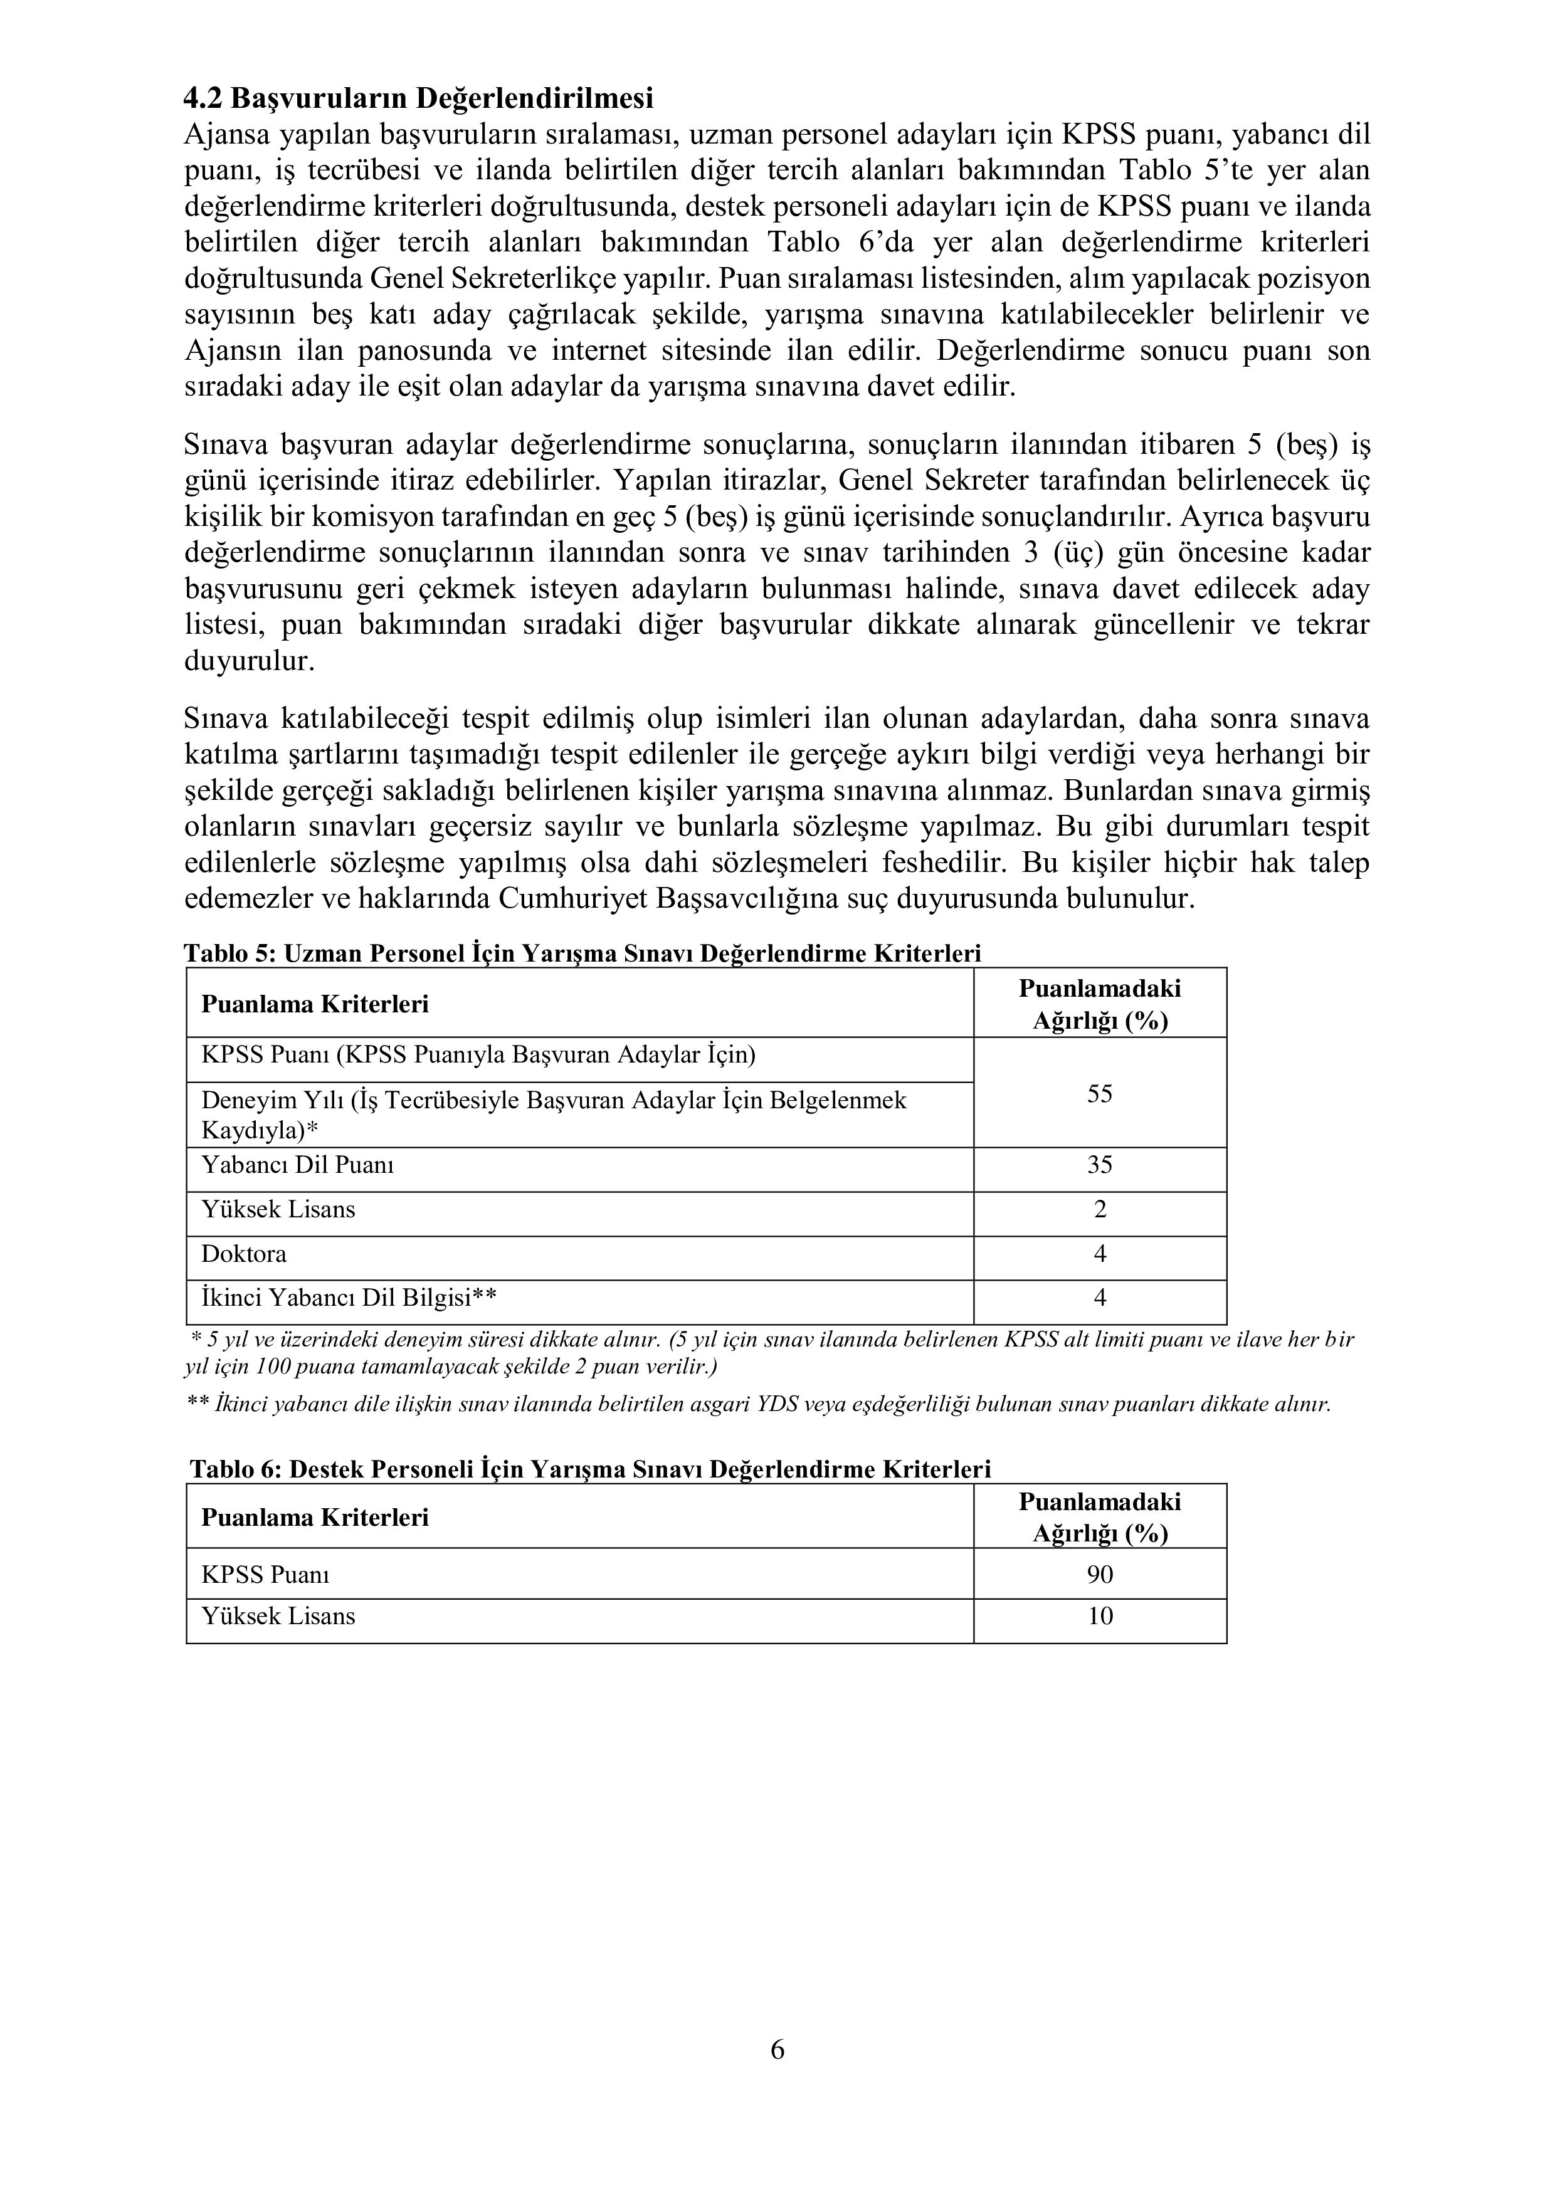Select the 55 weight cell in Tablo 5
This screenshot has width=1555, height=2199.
1099,1094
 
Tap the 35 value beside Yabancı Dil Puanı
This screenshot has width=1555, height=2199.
1099,1165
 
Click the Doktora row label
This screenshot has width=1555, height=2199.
243,1254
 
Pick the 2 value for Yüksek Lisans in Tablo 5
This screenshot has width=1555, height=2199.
1099,1210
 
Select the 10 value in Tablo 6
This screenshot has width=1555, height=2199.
1099,1617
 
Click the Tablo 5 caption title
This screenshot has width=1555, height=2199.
582,954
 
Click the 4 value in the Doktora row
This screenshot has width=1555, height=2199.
1099,1254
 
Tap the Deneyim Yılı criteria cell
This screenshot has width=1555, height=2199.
553,1115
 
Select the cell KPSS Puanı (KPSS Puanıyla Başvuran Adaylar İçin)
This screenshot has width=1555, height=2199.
478,1056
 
